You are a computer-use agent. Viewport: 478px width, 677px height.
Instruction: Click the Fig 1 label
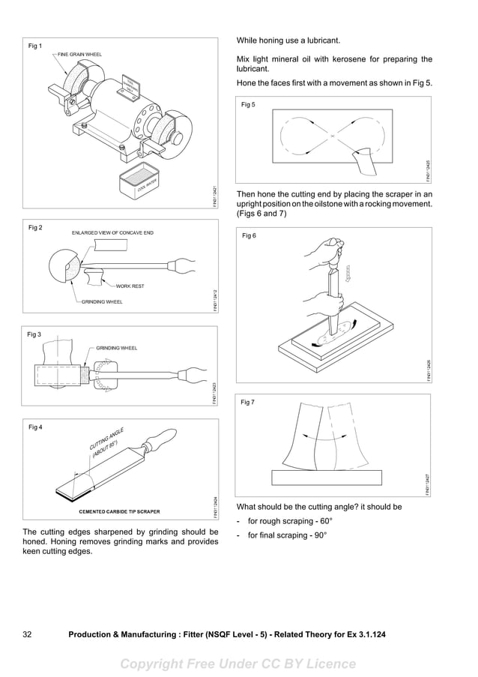[x=35, y=46]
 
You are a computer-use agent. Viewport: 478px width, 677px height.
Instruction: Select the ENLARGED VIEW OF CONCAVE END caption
[x=112, y=233]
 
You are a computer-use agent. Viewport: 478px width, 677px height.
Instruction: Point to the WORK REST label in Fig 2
[x=130, y=286]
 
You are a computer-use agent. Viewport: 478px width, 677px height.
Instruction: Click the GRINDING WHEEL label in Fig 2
[x=102, y=301]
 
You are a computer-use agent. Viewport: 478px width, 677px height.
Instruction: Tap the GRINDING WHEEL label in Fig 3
[x=116, y=348]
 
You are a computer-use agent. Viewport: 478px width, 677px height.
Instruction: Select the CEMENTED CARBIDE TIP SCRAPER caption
[x=119, y=511]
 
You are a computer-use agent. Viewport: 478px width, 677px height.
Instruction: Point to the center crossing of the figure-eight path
[x=330, y=136]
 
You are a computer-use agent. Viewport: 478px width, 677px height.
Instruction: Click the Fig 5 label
[x=248, y=105]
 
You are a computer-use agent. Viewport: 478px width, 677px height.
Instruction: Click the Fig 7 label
[x=248, y=403]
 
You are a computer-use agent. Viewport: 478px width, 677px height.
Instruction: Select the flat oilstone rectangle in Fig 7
[x=324, y=476]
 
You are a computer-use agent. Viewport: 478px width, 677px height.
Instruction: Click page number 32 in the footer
[x=27, y=634]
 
